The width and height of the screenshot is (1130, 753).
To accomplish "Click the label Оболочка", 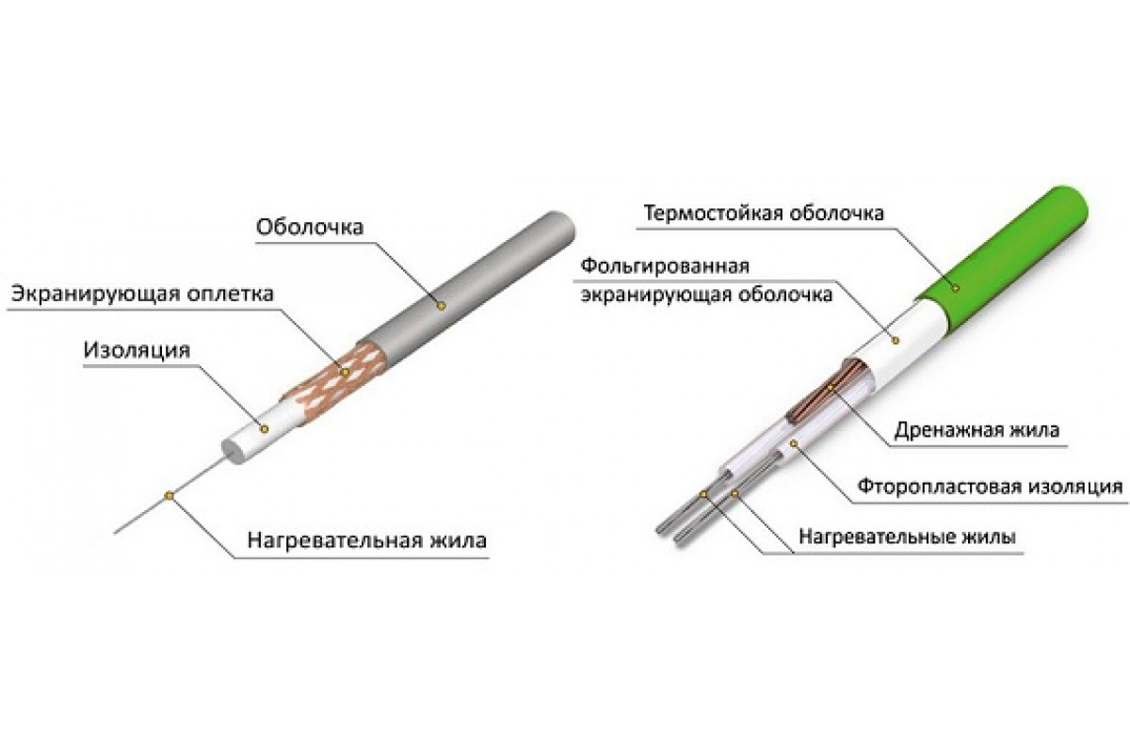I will click(x=309, y=228).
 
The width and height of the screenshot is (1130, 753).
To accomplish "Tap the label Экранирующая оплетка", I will click(x=143, y=294).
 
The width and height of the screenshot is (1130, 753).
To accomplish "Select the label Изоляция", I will click(x=137, y=350).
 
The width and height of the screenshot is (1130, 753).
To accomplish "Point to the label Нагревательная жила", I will click(x=367, y=541).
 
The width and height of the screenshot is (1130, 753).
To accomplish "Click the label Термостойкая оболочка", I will click(x=763, y=213).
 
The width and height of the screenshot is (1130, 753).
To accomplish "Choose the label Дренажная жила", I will click(x=979, y=429).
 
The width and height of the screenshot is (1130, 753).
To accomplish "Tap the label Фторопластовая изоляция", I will click(x=989, y=488).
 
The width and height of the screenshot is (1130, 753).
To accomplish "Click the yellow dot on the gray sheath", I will click(x=440, y=304).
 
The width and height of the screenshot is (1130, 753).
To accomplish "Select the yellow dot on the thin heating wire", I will click(x=169, y=493).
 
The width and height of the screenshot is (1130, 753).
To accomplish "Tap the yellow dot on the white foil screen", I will click(x=896, y=336).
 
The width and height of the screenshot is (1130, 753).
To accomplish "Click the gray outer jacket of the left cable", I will click(x=471, y=282).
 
